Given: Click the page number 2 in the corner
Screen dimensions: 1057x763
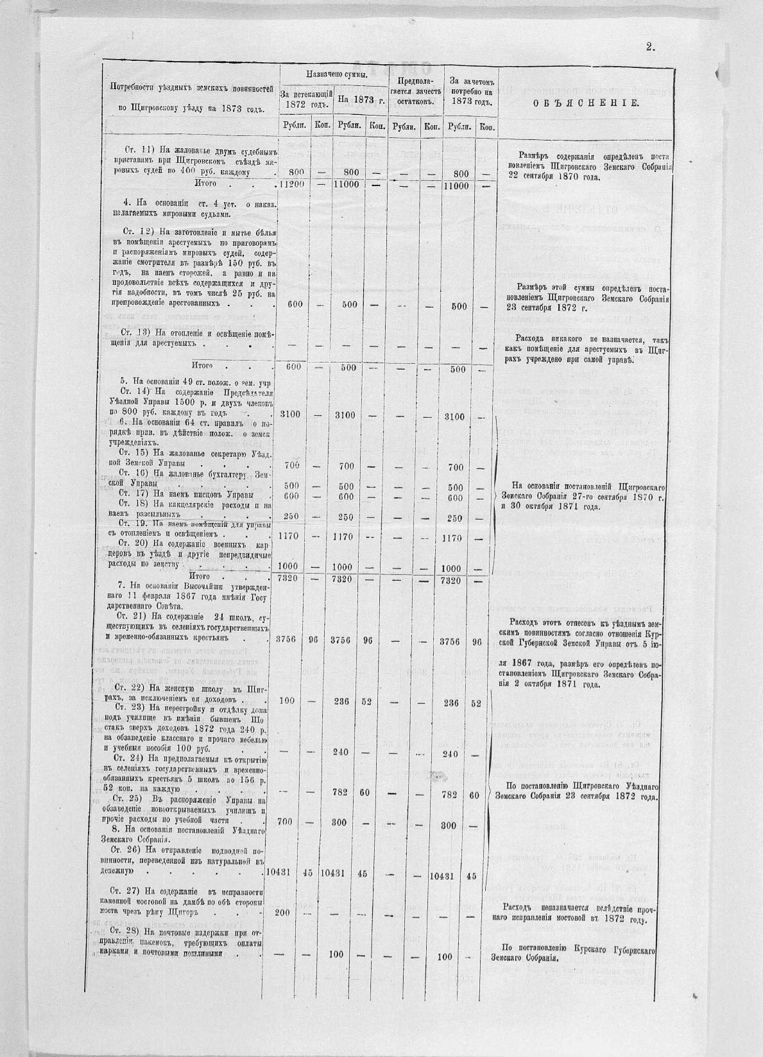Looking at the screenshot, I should [649, 46].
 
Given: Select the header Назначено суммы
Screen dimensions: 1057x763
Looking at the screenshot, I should [332, 75].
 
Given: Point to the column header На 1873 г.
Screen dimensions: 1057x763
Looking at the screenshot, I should [360, 100].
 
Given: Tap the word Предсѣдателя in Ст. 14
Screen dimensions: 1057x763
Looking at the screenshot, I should [236, 393].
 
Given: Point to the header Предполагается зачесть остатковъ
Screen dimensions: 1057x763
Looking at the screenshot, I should [415, 91].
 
